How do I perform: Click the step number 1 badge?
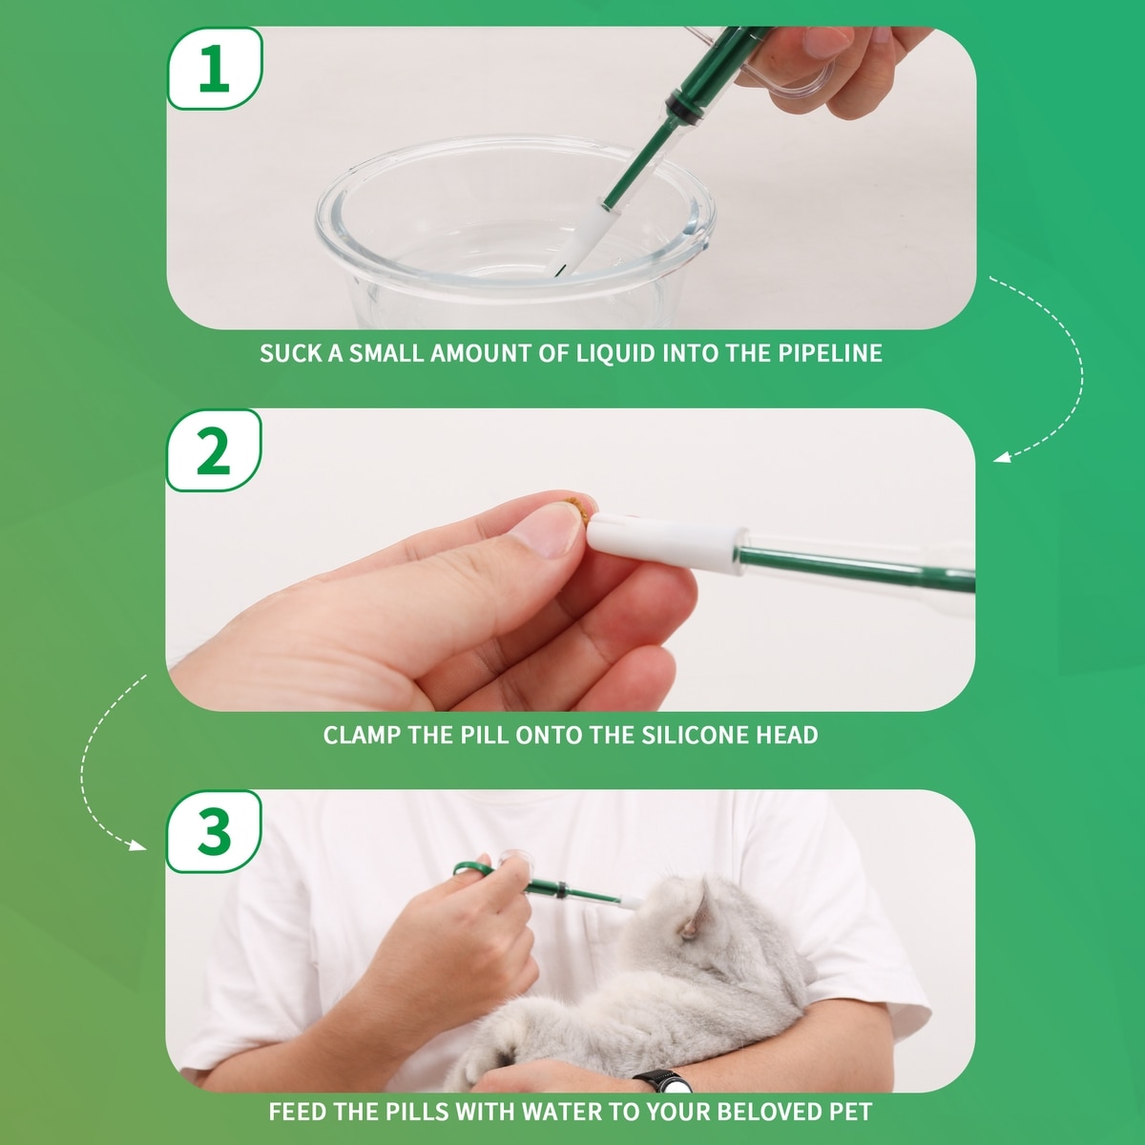[215, 69]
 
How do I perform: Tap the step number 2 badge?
[214, 449]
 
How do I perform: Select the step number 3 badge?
[214, 831]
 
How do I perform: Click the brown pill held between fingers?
[580, 509]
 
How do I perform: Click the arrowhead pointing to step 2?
[1002, 457]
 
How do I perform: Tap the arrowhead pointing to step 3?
[138, 845]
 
